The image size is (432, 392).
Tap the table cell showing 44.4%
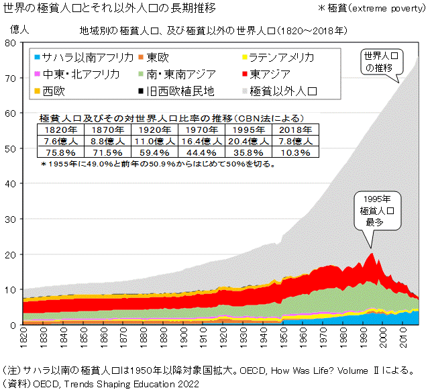[200, 152]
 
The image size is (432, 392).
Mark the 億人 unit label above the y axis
[20, 30]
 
